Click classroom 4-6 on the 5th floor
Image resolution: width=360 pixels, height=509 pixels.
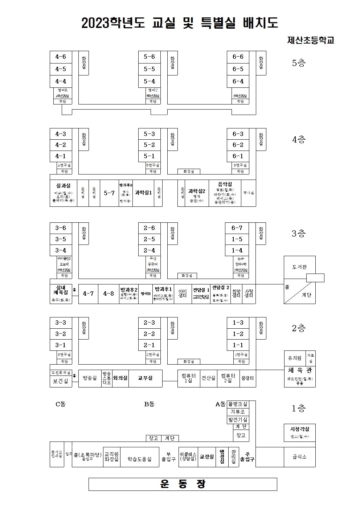61,57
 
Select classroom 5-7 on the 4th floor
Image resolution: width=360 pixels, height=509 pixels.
109,193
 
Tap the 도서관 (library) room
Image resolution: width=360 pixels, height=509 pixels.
299,267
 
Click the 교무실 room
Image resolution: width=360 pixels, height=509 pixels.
145,378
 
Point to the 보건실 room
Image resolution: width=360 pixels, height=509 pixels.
61,381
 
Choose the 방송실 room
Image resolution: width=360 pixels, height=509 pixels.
90,378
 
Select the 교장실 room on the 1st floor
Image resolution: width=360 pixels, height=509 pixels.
207,457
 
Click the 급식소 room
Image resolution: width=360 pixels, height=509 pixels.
299,457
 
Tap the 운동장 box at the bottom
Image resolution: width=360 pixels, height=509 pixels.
183,484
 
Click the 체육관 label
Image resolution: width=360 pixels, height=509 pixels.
299,370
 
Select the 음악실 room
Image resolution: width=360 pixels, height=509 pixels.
225,184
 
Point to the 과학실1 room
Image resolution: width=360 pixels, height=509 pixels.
143,193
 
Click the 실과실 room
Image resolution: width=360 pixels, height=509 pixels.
64,185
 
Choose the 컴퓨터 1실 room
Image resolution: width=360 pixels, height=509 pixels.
188,378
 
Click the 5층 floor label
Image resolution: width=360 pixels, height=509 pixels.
299,63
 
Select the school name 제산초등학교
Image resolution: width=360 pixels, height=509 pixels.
310,40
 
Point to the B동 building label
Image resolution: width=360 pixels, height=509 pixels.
149,404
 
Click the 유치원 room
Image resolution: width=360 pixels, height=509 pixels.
295,358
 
